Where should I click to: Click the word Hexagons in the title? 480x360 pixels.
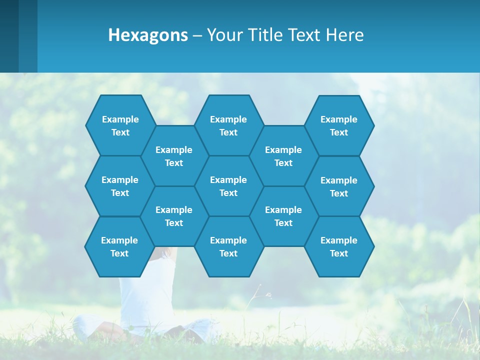point(148,35)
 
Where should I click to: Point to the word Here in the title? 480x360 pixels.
point(345,35)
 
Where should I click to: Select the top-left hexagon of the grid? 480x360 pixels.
point(120,125)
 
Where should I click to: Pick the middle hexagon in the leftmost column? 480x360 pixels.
point(120,186)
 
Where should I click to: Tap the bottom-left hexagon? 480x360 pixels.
point(119,246)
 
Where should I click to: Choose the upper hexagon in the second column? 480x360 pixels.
point(174,156)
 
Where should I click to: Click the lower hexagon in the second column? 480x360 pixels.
point(174,216)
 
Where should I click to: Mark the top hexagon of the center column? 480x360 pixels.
point(228,125)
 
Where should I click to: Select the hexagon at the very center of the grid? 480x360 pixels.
point(228,186)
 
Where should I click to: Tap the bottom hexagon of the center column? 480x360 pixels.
point(228,246)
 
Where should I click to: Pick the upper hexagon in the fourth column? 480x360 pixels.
point(283,156)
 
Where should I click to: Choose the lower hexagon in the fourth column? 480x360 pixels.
point(283,216)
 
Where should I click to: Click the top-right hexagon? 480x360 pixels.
point(339,125)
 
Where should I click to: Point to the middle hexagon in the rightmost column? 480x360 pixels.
point(339,186)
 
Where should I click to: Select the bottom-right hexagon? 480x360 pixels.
point(339,246)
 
